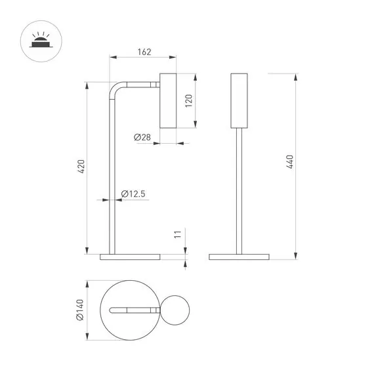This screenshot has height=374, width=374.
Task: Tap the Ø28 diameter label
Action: [142, 137]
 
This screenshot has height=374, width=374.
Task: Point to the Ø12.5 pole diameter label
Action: [133, 194]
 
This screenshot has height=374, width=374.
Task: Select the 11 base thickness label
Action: [178, 236]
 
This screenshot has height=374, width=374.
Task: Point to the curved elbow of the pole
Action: [115, 89]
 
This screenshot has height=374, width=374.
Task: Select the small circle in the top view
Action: [175, 310]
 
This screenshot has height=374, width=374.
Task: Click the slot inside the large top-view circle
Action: [131, 310]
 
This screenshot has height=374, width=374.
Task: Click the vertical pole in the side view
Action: [112, 184]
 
